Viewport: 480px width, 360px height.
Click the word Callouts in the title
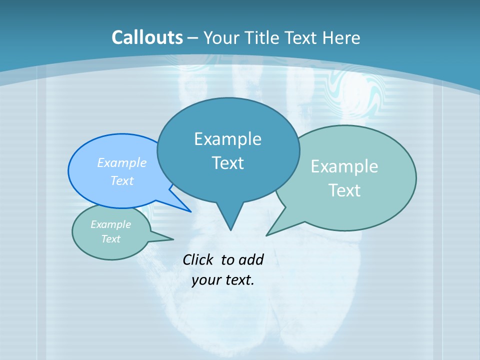147,37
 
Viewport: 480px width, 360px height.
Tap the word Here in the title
341,37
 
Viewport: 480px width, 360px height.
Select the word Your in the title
221,37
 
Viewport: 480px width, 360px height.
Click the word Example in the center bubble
227,139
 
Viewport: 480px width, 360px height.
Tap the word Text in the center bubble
227,163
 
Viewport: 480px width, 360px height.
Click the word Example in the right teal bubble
344,166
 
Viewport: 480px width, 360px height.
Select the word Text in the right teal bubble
344,190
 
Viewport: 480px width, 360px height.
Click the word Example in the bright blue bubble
122,162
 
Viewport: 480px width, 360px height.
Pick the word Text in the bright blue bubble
122,180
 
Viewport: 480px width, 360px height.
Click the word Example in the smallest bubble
110,224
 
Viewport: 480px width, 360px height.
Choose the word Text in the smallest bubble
110,239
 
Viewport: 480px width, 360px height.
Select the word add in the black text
251,259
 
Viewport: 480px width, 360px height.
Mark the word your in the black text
203,280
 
